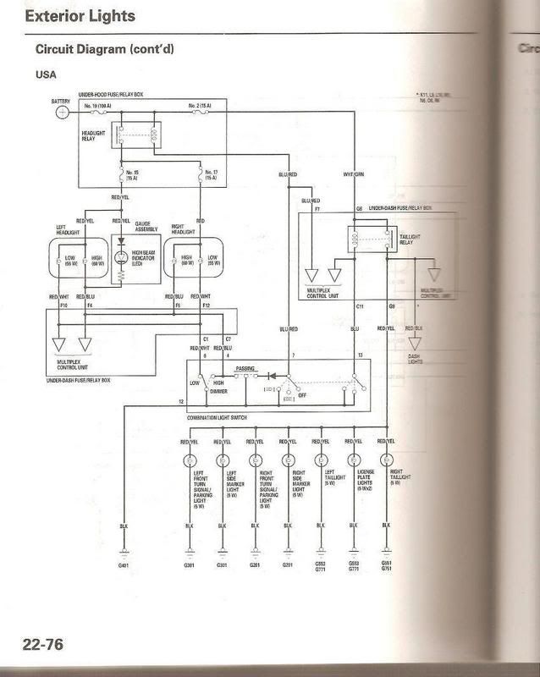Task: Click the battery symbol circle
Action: pos(62,112)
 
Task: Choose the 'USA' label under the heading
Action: pos(46,74)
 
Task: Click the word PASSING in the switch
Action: pos(246,370)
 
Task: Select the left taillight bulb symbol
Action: pos(320,460)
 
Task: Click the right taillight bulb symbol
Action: pos(386,460)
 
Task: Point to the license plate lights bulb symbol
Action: pos(353,460)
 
